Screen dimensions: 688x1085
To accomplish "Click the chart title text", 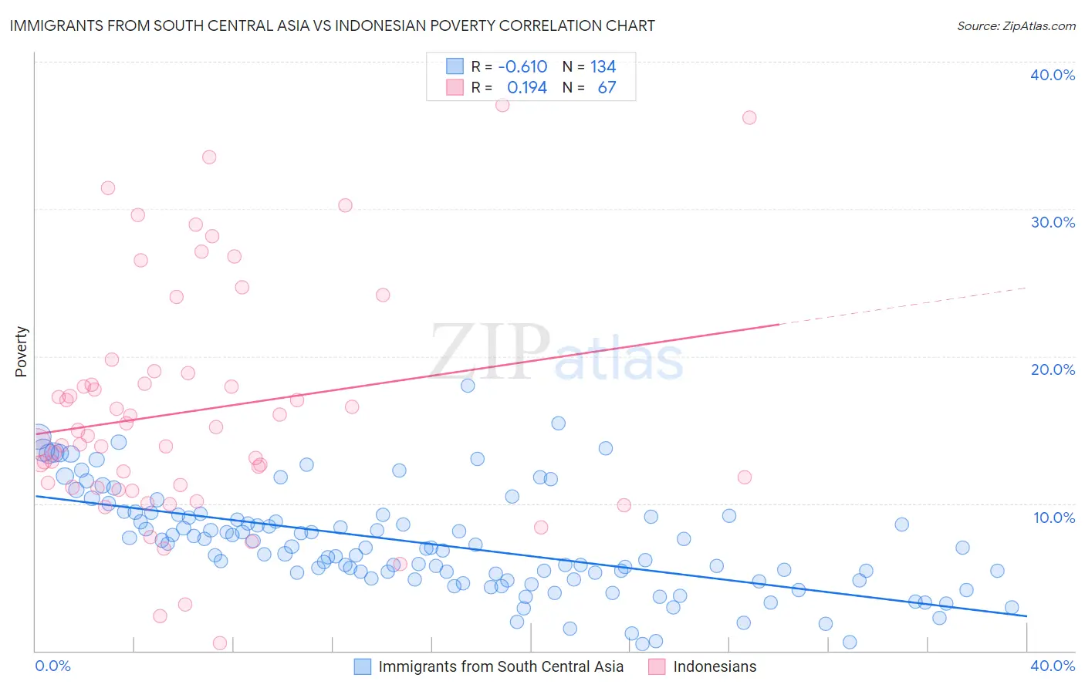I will tap(332, 25).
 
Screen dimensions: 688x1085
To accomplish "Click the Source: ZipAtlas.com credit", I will tap(1016, 25).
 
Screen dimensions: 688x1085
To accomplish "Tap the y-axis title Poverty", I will tap(21, 352).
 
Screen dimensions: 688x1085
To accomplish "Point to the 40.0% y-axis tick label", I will tap(1053, 75).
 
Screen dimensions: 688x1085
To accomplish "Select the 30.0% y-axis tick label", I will tap(1053, 222).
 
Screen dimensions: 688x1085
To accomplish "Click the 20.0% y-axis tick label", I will tap(1053, 369).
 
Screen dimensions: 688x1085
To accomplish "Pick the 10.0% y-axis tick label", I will tap(1054, 518).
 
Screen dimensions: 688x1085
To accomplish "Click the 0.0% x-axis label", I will tap(52, 666).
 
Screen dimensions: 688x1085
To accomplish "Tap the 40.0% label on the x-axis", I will tap(1053, 666).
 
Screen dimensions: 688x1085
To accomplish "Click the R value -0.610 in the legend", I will tap(522, 67).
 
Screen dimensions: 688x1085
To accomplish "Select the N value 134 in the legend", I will tap(603, 67).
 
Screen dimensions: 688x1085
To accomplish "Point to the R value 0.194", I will tap(526, 88).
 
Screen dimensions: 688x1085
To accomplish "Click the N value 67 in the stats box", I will tap(607, 88).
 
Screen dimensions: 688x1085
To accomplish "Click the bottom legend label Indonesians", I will tap(715, 666).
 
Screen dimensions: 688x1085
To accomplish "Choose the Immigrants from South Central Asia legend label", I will tap(501, 666).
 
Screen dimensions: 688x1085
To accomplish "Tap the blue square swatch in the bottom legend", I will tap(363, 666).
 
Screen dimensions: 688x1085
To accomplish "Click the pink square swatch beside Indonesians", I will tap(657, 666).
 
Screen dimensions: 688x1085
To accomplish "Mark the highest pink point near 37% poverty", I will tap(502, 105).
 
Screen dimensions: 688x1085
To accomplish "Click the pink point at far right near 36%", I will tap(749, 117).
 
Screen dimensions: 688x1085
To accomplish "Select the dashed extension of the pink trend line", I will tap(903, 306).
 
